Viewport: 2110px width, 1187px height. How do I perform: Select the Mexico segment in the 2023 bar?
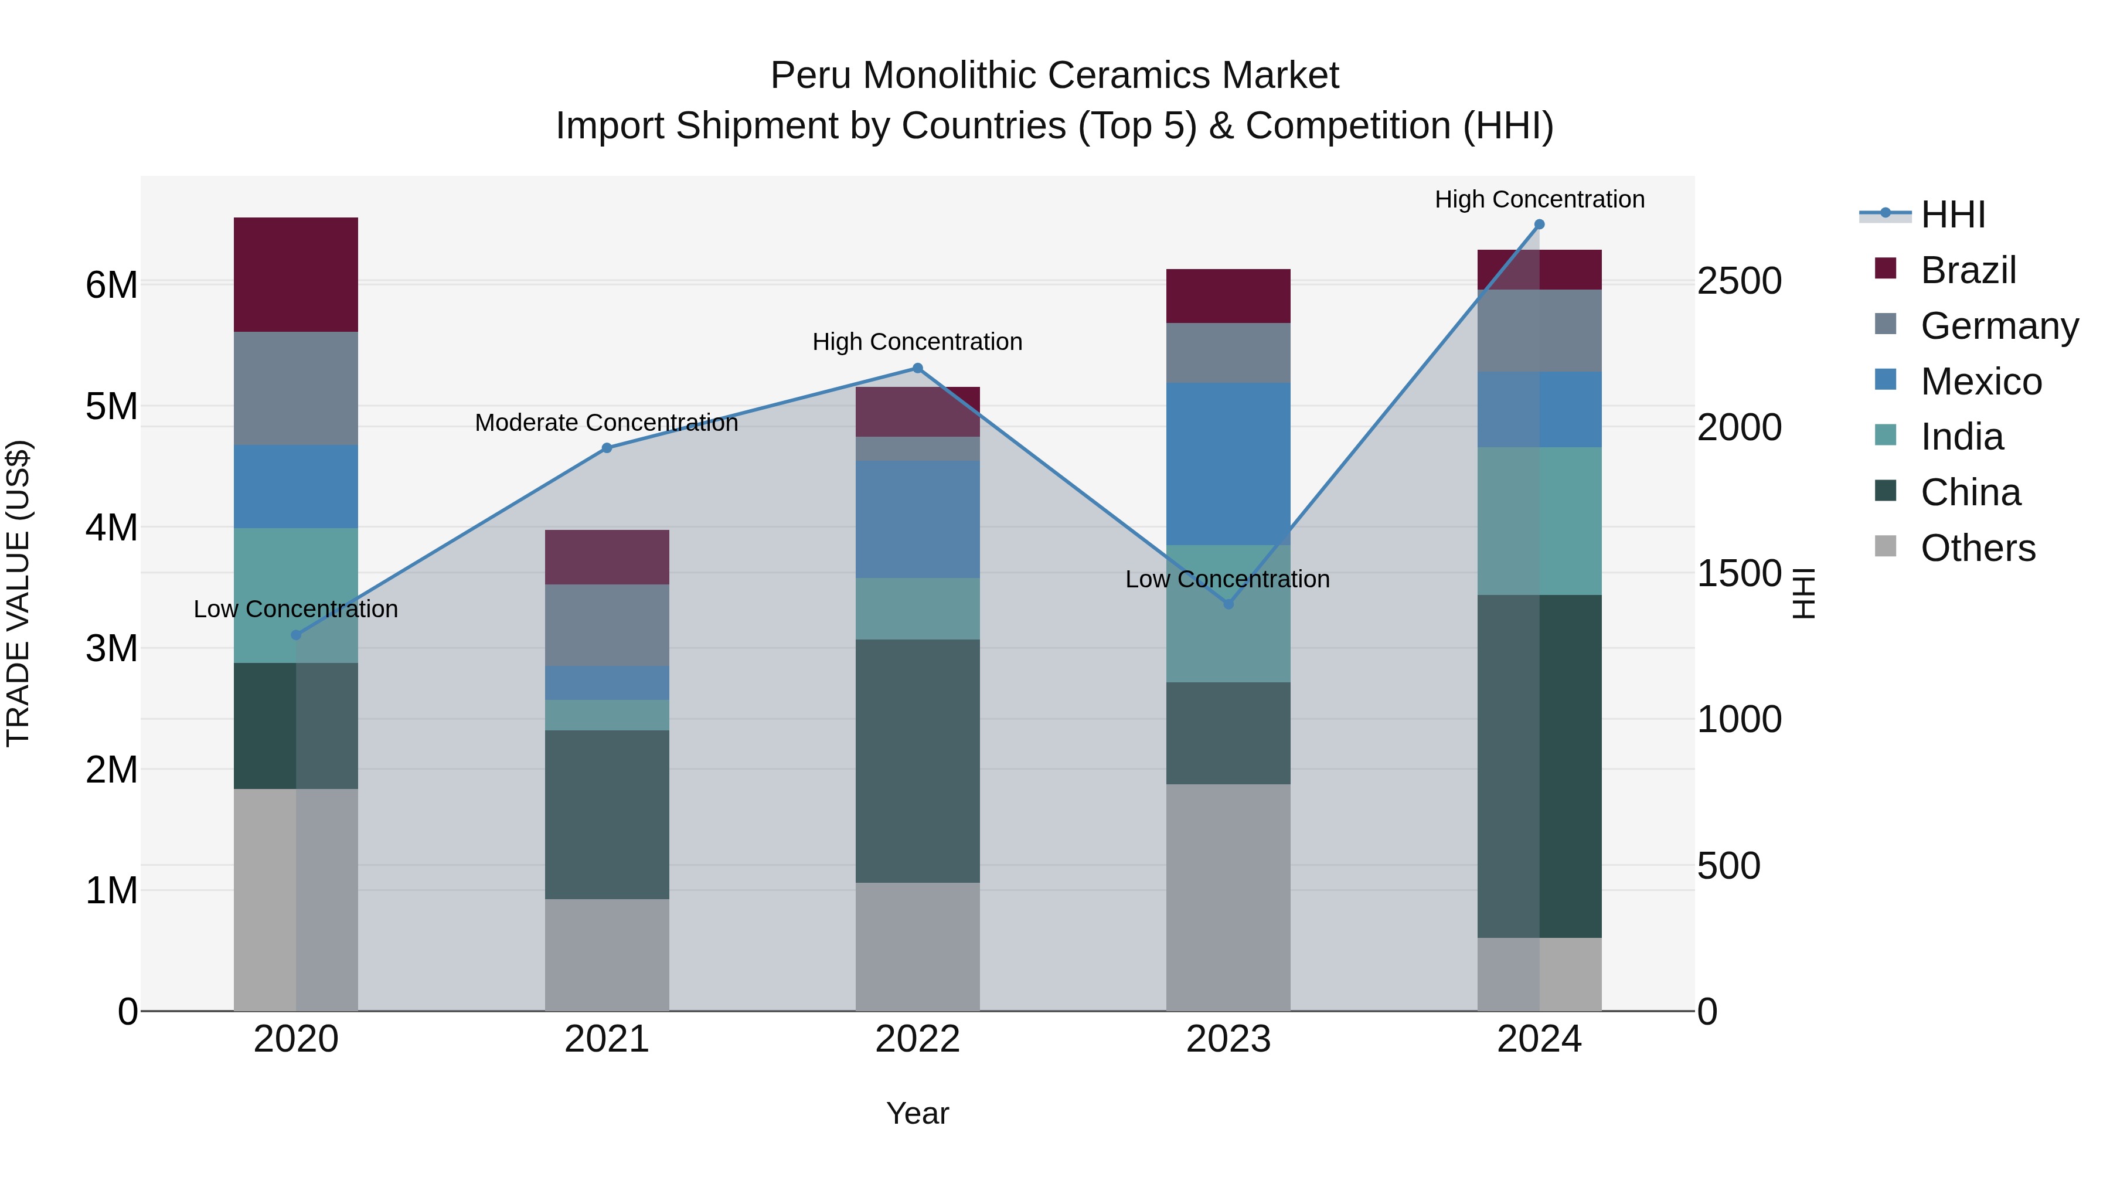click(x=1228, y=464)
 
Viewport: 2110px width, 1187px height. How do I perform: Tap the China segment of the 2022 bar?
click(x=917, y=760)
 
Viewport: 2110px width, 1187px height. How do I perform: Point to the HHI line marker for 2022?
click(x=917, y=369)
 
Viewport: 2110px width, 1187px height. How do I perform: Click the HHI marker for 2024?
click(x=1539, y=225)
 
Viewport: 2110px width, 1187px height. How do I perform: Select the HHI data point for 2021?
click(x=607, y=448)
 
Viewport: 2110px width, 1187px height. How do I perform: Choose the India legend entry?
click(x=1962, y=437)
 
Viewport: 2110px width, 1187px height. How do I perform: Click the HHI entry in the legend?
click(x=1953, y=215)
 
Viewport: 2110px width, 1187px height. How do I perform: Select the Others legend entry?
click(x=1978, y=548)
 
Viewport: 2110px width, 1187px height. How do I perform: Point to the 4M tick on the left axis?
click(x=112, y=528)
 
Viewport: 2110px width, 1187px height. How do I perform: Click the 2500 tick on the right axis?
click(x=1739, y=281)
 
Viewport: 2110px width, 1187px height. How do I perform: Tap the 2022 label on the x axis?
click(x=917, y=1039)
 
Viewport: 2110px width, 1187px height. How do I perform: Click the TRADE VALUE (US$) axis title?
click(x=19, y=593)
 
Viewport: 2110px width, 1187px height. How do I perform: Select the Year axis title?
click(x=917, y=1113)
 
